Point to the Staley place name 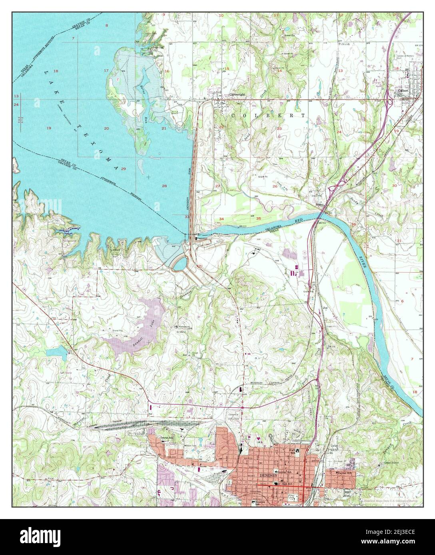[319, 203]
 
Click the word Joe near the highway [325, 308]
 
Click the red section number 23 [279, 129]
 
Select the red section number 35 [259, 218]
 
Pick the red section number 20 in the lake [106, 128]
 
